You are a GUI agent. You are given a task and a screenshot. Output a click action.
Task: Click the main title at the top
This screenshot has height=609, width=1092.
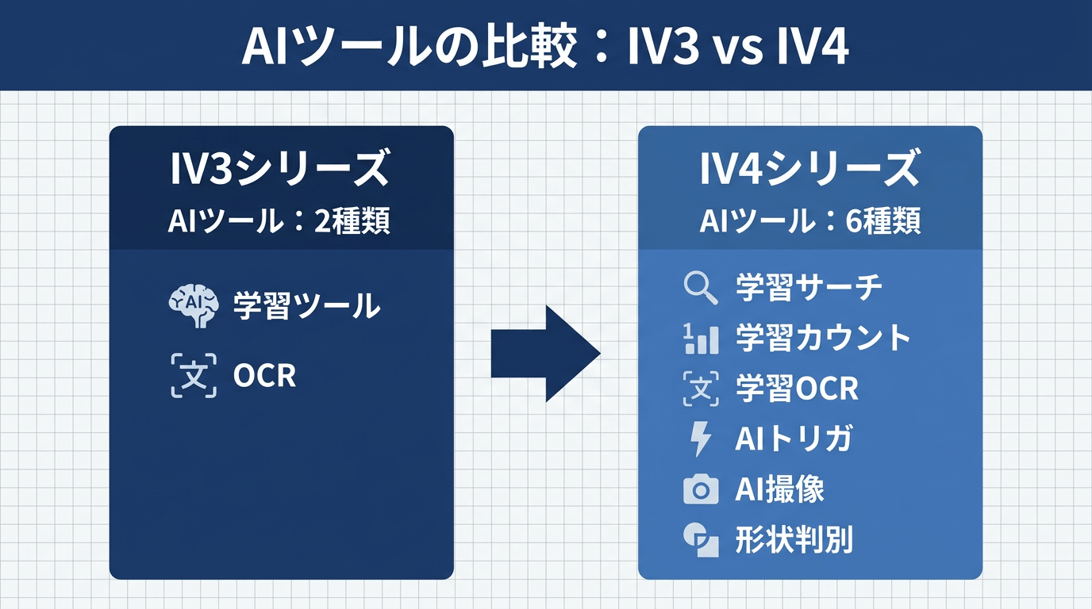click(x=545, y=48)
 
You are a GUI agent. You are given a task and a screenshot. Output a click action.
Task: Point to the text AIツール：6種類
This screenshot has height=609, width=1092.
click(x=809, y=221)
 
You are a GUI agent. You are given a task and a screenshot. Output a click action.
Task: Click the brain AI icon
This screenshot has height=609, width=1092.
click(x=194, y=306)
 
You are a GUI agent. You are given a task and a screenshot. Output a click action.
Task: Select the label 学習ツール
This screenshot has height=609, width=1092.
click(x=306, y=306)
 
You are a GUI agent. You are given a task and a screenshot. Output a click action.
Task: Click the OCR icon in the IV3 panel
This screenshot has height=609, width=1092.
click(x=194, y=375)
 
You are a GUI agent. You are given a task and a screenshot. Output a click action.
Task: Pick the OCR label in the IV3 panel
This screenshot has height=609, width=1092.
click(x=264, y=376)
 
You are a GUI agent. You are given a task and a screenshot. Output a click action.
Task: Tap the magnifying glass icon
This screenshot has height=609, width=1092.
click(x=700, y=288)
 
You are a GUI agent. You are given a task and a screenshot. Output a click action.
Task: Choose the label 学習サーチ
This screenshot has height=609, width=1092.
click(x=809, y=288)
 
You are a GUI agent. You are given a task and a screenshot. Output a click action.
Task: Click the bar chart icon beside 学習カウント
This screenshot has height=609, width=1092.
click(x=700, y=339)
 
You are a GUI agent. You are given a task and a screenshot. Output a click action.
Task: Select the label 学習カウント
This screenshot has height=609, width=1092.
click(x=823, y=339)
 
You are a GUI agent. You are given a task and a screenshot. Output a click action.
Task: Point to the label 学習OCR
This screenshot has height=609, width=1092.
click(x=797, y=389)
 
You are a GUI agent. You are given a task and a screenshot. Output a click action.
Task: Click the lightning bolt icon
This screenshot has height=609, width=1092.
click(x=700, y=439)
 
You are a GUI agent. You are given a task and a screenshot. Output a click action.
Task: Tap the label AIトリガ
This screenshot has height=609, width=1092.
click(x=793, y=439)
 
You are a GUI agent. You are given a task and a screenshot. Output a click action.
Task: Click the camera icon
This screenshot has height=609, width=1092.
click(x=700, y=490)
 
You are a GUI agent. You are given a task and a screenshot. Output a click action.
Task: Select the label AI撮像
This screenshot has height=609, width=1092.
click(x=779, y=490)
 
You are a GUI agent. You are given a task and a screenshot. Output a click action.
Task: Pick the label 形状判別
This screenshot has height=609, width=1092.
click(x=794, y=540)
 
